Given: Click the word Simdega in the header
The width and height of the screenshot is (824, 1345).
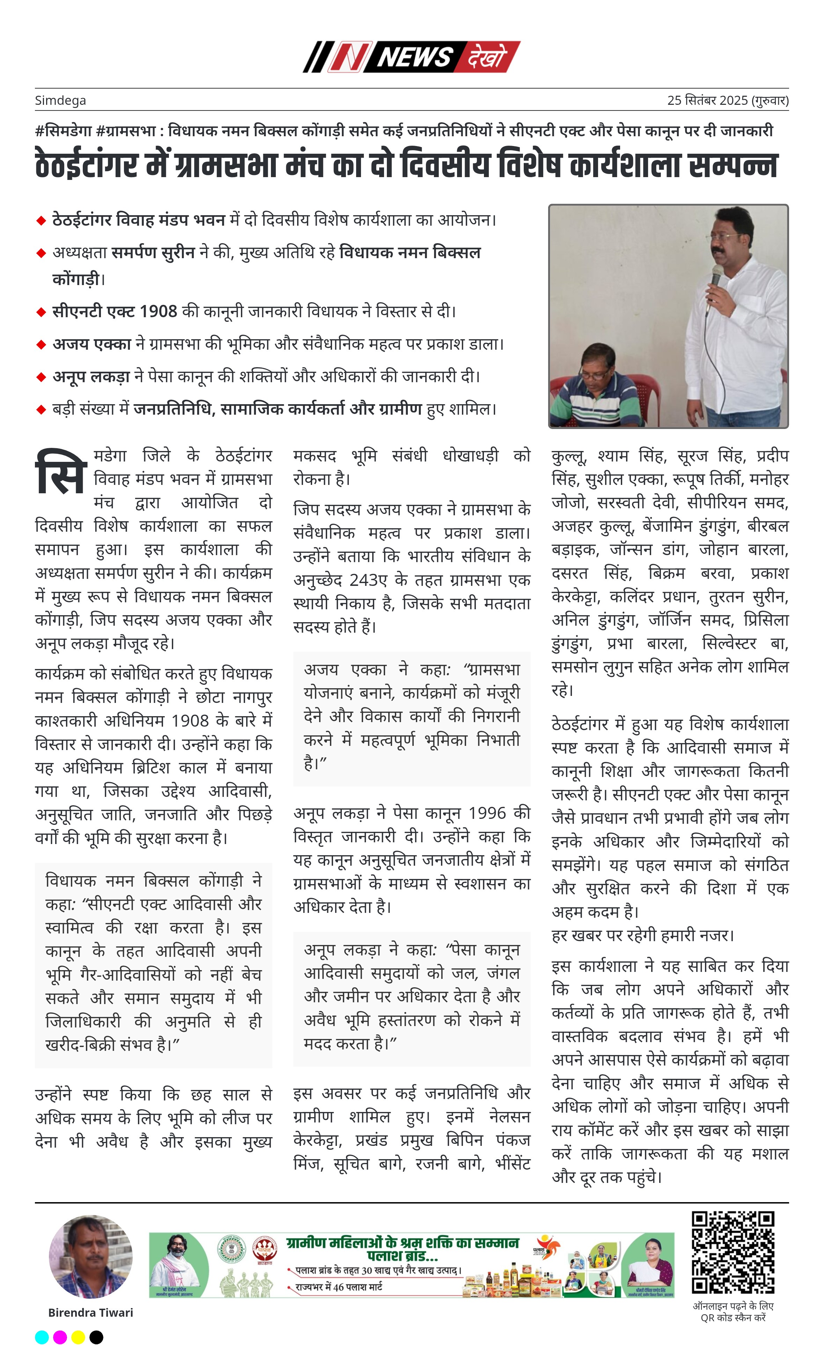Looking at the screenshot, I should coord(60,101).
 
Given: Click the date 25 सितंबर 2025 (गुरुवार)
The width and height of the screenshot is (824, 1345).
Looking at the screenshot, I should coord(727,101).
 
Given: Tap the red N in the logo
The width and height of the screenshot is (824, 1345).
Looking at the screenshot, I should coord(349,57).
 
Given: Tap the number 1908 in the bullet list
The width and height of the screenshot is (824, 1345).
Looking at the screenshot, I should coord(158,312).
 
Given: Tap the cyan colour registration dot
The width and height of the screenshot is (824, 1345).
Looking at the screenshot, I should coord(42,1337).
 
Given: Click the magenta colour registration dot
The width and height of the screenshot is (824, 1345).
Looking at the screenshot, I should coord(60,1337).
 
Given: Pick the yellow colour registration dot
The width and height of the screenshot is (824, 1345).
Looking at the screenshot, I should coord(78,1337).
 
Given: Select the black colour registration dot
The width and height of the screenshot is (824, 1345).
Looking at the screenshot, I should coord(96,1337).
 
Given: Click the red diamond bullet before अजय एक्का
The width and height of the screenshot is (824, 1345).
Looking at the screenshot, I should coord(41,344).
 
